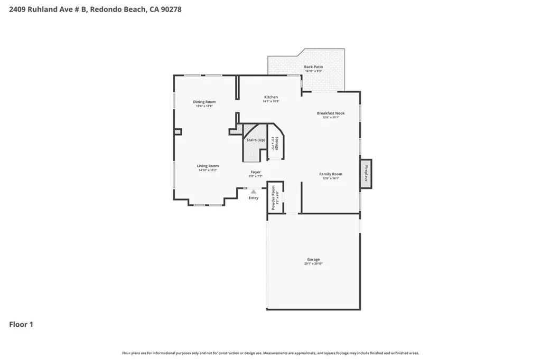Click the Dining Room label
pyautogui.click(x=204, y=102)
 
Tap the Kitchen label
pyautogui.click(x=271, y=97)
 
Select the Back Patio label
pyautogui.click(x=313, y=67)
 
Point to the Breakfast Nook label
pyautogui.click(x=331, y=113)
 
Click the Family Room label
pyautogui.click(x=331, y=174)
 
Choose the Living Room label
pyautogui.click(x=208, y=166)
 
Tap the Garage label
pyautogui.click(x=313, y=259)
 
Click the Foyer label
pyautogui.click(x=256, y=172)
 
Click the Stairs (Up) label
pyautogui.click(x=256, y=140)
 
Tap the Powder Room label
pyautogui.click(x=273, y=198)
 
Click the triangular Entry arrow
pyautogui.click(x=254, y=192)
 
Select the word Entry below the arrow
pyautogui.click(x=254, y=198)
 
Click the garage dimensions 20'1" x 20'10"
pyautogui.click(x=313, y=263)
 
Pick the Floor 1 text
pyautogui.click(x=21, y=325)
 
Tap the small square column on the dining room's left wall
pyautogui.click(x=178, y=132)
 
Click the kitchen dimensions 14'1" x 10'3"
pyautogui.click(x=271, y=101)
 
